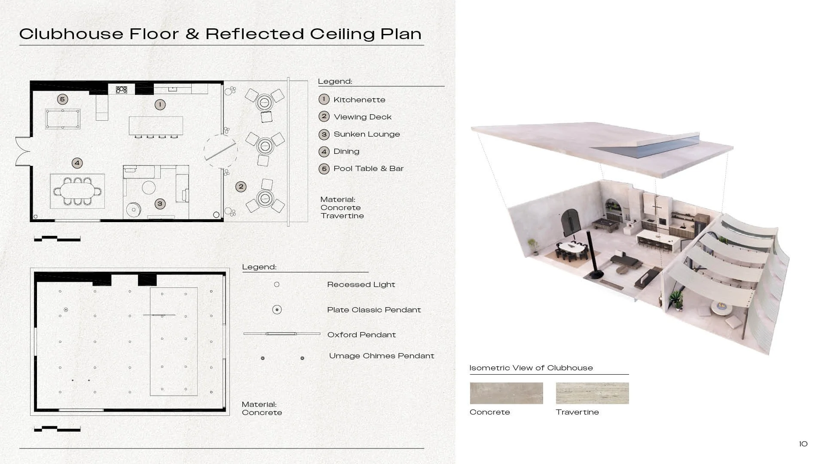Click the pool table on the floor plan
pos(63,119)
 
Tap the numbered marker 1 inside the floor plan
pos(160,104)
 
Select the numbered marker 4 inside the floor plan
pos(77,163)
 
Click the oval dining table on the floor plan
pos(77,191)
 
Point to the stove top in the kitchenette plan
pos(122,90)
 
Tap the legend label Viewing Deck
pos(362,117)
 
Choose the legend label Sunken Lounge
pos(367,134)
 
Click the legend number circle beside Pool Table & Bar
pos(324,168)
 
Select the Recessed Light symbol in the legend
pos(277,284)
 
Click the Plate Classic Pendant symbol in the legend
pos(277,309)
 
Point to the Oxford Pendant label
pos(361,335)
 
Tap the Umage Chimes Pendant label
pos(382,356)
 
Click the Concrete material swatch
pos(506,393)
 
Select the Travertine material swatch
pos(592,393)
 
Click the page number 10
pos(803,444)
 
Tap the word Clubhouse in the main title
pos(71,34)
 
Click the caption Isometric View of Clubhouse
pos(531,368)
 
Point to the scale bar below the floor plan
pos(57,238)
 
